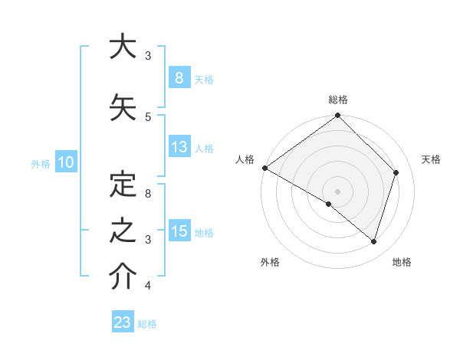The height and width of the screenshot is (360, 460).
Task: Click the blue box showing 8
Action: pos(179,78)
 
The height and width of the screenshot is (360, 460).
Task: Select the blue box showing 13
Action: pos(179,147)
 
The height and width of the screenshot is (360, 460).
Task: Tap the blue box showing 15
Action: pos(179,231)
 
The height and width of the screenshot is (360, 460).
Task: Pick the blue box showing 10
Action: pos(65,162)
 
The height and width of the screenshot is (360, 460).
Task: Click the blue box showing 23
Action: pos(123,322)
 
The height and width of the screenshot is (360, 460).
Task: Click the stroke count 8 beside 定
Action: pos(148,194)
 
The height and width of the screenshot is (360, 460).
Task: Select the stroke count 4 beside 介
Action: pos(148,286)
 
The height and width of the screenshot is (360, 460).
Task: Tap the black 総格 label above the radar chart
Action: pos(338,100)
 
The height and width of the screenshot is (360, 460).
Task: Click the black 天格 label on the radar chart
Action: pos(432,159)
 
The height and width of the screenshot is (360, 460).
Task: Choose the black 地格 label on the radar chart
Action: pos(402,262)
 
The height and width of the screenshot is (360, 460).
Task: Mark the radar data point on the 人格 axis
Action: pos(264,168)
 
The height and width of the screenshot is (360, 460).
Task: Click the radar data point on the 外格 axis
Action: pos(329,205)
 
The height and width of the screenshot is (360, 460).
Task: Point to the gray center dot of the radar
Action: pos(338,191)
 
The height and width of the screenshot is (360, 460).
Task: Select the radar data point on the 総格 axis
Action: pos(338,116)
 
